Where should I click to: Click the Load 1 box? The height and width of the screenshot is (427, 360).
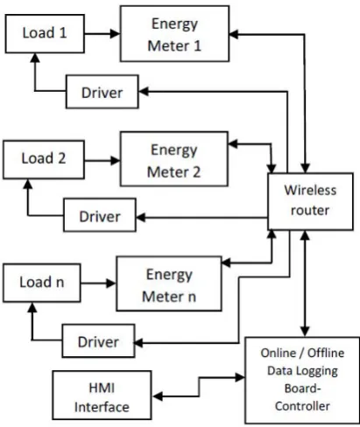tap(45, 34)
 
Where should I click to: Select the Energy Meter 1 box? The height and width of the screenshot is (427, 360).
tap(174, 34)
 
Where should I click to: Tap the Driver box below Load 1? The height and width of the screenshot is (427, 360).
tap(102, 92)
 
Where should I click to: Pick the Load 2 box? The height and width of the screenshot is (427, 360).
tap(44, 159)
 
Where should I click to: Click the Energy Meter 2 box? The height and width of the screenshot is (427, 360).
tap(174, 159)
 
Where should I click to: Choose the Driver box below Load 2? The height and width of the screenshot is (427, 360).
tap(100, 215)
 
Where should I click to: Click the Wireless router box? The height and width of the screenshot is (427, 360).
tap(310, 201)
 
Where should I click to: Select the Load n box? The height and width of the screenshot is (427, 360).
tap(42, 283)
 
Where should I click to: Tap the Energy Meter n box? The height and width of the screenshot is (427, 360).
tap(169, 283)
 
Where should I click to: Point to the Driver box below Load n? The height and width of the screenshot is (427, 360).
tap(98, 340)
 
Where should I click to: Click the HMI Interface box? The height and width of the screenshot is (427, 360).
tap(102, 395)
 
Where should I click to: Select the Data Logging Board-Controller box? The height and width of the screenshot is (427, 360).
tap(302, 380)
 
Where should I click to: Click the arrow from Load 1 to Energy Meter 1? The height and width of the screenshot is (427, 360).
tap(102, 34)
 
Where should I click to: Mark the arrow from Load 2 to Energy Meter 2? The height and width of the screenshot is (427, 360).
tap(102, 160)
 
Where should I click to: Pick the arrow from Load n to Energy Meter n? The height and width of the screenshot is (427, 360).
tap(98, 283)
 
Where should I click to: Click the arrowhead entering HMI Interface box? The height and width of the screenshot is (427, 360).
tap(158, 396)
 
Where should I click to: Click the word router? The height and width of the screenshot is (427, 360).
tap(310, 210)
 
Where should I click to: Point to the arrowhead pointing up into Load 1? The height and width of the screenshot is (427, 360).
tap(35, 58)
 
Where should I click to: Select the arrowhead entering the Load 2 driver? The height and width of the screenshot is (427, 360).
tap(141, 217)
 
